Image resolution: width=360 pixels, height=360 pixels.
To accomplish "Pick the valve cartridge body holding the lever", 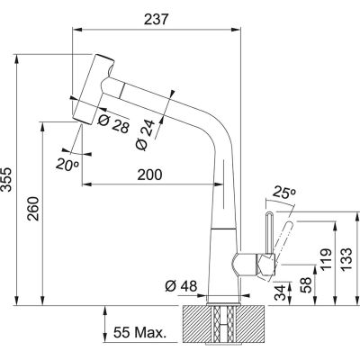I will pos(245,265).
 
